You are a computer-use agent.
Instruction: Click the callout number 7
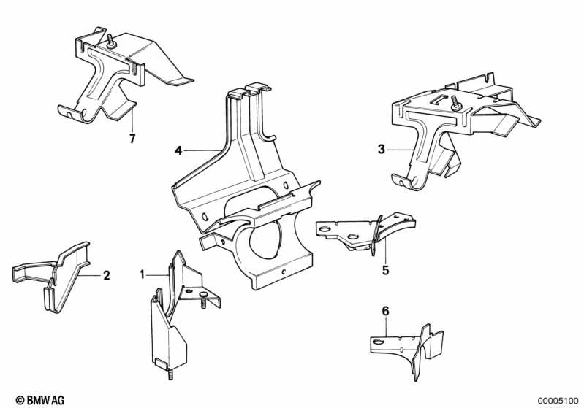pyautogui.click(x=132, y=139)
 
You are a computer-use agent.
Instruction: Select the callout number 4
pyautogui.click(x=178, y=150)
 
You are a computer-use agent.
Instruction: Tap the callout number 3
pyautogui.click(x=381, y=150)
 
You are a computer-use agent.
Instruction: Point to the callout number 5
pyautogui.click(x=385, y=270)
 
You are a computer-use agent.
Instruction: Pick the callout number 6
pyautogui.click(x=385, y=311)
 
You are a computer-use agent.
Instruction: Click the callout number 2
pyautogui.click(x=107, y=276)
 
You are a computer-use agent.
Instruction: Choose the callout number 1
pyautogui.click(x=142, y=275)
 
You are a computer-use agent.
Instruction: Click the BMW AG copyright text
pyautogui.click(x=40, y=400)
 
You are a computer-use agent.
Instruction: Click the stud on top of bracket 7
pyautogui.click(x=110, y=41)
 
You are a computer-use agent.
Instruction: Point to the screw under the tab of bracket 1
pyautogui.click(x=203, y=299)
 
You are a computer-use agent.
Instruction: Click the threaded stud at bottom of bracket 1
pyautogui.click(x=170, y=374)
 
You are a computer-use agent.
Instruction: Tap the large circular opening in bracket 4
pyautogui.click(x=264, y=242)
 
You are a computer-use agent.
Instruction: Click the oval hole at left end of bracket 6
pyautogui.click(x=378, y=342)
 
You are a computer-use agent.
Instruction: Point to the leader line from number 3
pyautogui.click(x=401, y=149)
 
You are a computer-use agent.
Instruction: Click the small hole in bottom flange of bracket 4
pyautogui.click(x=284, y=272)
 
